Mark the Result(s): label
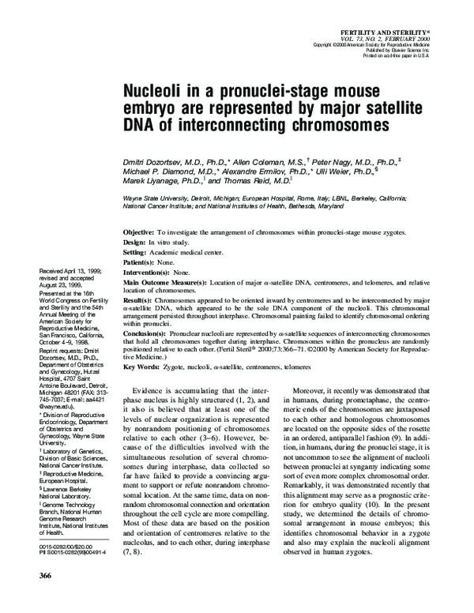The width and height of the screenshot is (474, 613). pos(142,301)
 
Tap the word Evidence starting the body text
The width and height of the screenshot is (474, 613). pos(152,391)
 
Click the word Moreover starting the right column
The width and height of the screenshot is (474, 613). pos(311,391)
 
